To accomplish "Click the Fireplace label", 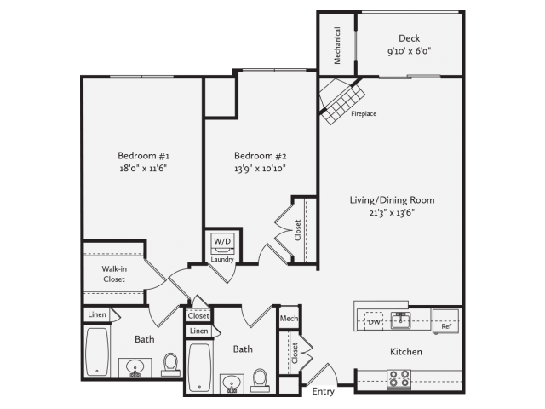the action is click(x=364, y=113).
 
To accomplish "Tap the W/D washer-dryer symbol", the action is click(x=222, y=244).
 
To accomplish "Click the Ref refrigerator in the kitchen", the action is click(x=445, y=321).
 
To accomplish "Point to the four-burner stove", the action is click(x=399, y=379).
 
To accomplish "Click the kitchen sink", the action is click(x=401, y=320).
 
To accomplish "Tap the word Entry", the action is click(x=323, y=392).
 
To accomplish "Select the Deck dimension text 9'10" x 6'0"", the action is click(x=410, y=51).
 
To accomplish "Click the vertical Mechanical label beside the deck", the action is click(x=337, y=45).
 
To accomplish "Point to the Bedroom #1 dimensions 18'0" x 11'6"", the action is click(x=143, y=169).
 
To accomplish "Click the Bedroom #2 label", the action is click(x=260, y=155).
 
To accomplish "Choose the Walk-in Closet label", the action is click(x=114, y=274).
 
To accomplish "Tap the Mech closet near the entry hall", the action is click(x=289, y=318).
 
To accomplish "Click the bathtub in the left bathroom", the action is click(x=97, y=352).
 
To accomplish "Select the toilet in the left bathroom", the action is click(x=170, y=365).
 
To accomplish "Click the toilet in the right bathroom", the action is click(x=261, y=379).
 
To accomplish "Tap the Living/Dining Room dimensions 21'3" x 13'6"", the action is click(x=392, y=213).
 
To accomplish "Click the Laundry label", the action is click(x=222, y=259).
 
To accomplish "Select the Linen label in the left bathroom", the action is click(x=97, y=314).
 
